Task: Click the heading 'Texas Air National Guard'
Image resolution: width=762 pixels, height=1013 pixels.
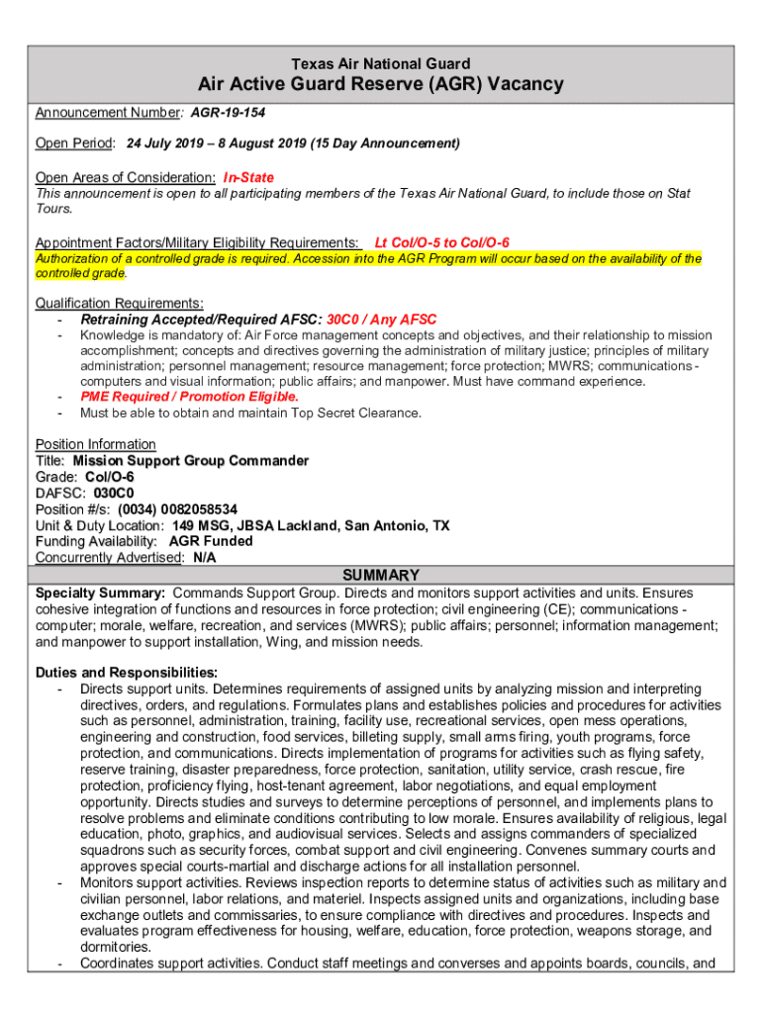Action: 381,63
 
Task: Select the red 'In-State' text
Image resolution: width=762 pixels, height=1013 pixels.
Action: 248,177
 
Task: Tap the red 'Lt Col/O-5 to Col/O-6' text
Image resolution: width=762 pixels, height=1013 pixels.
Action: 442,242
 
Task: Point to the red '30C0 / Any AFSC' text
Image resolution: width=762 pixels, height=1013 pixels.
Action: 381,320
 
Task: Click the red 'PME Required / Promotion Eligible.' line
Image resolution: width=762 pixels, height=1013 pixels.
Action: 189,397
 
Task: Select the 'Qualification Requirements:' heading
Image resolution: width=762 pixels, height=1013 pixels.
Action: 119,303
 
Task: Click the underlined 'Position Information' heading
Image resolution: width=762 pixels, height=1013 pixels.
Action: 95,444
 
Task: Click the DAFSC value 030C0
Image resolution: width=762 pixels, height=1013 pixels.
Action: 114,493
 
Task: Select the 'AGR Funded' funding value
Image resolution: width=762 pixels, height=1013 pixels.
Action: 211,541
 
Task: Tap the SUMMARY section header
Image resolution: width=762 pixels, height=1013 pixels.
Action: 381,575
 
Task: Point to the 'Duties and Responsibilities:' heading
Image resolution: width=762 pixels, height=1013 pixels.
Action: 126,672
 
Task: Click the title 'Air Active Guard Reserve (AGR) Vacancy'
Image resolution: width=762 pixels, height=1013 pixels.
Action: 381,85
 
